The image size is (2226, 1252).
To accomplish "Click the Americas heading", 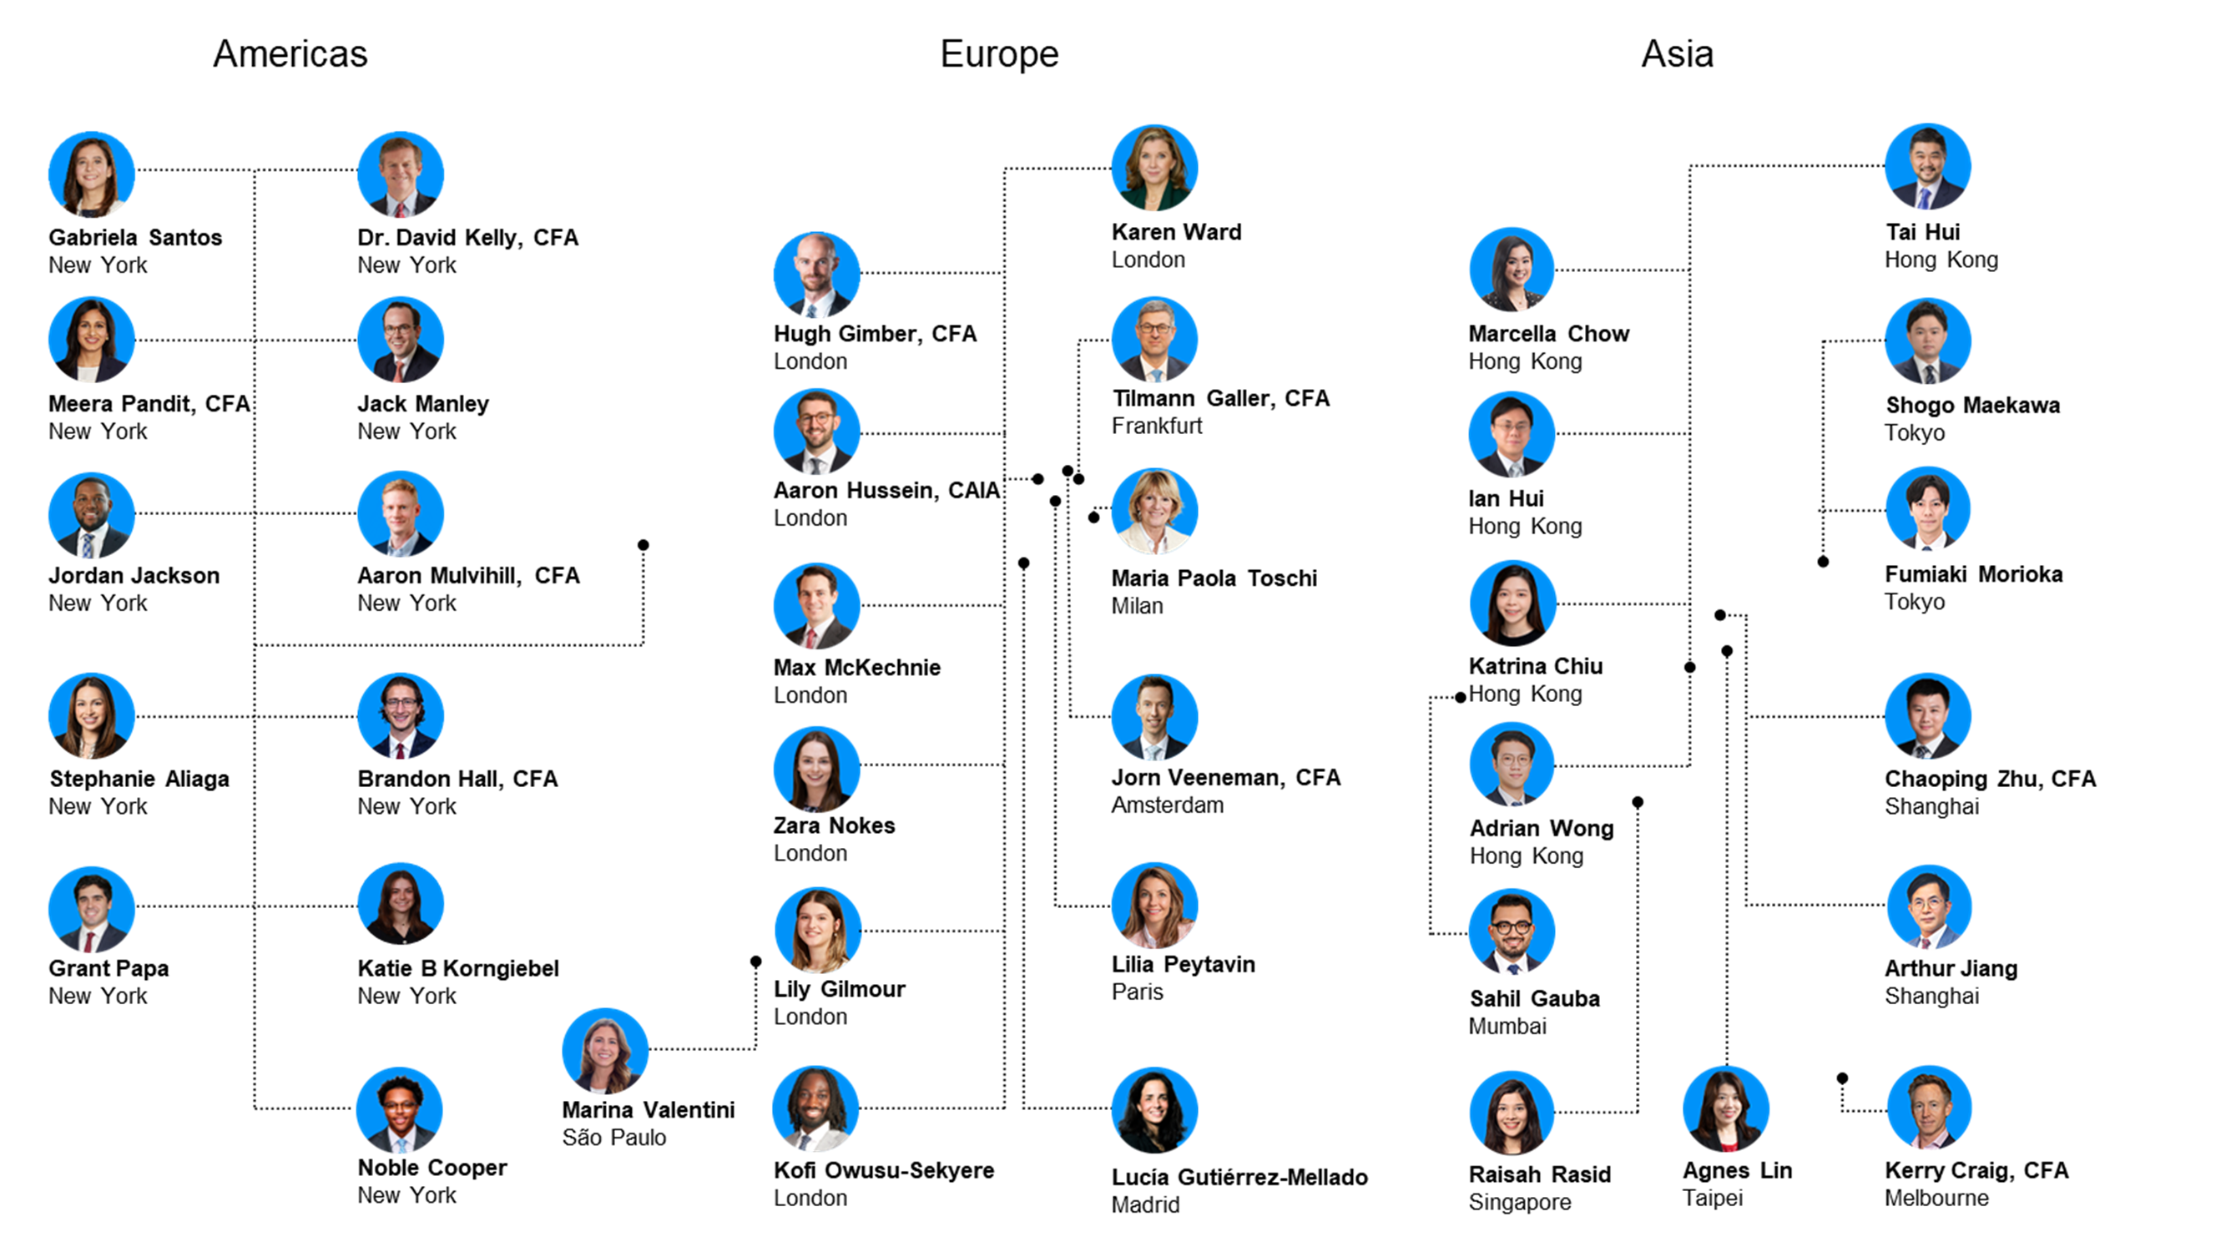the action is click(290, 53).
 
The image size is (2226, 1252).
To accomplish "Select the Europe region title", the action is click(999, 53).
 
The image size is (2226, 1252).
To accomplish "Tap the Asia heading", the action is click(1677, 53).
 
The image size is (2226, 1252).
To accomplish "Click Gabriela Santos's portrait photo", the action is click(92, 174).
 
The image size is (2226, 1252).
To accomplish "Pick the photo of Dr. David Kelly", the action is click(400, 174).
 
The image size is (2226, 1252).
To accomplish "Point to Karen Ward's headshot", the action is click(1154, 168).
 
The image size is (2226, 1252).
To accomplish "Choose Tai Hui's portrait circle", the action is click(1927, 167).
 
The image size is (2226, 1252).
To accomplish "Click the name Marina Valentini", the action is click(648, 1109).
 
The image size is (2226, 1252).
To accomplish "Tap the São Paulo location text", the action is click(613, 1137).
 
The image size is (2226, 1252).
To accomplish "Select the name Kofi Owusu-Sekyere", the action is click(883, 1170).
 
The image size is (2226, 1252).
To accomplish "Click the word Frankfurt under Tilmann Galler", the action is click(1156, 425).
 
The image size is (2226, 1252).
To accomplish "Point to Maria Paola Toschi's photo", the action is click(1154, 511).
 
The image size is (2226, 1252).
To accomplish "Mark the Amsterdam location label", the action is click(1167, 805).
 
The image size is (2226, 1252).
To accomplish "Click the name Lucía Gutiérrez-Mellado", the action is click(1239, 1177).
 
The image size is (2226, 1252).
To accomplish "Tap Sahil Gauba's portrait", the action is click(1512, 931).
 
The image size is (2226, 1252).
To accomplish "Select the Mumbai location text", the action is click(1507, 1026).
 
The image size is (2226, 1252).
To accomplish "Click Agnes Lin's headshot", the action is click(1726, 1108).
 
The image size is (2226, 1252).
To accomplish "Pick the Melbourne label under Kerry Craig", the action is click(1936, 1198).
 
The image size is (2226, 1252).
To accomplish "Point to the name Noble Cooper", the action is click(432, 1168).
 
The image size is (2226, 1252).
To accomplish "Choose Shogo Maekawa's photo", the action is click(1928, 341).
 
